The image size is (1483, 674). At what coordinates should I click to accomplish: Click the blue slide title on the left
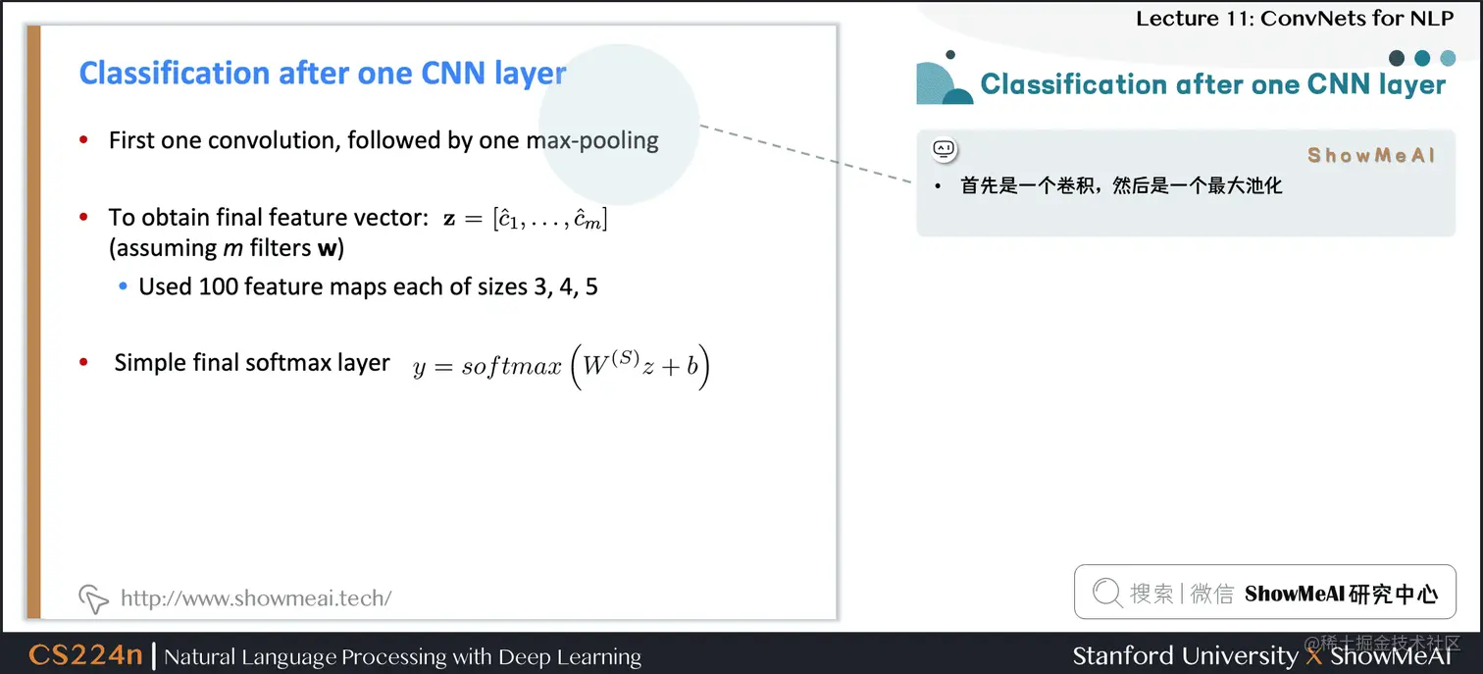coord(323,74)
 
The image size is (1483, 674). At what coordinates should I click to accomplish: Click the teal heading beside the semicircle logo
coord(1212,84)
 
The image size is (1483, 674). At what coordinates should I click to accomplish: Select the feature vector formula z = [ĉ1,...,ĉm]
coord(525,219)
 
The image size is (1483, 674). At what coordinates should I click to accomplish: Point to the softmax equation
coord(560,367)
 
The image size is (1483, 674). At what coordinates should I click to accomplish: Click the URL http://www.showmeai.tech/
coord(256,597)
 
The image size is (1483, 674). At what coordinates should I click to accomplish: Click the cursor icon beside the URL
coord(92,597)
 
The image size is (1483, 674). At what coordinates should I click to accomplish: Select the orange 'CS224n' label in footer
coord(85,655)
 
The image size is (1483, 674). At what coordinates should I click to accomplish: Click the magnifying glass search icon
coord(1106,593)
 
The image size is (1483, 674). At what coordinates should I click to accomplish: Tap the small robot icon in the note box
coord(944,149)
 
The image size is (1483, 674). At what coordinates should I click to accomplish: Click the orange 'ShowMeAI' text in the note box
coord(1371,155)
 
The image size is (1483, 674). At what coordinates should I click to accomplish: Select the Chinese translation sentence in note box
coord(1121,185)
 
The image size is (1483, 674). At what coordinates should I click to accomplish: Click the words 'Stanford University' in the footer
coord(1185,655)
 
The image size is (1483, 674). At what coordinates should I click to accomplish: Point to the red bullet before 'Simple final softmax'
coord(84,363)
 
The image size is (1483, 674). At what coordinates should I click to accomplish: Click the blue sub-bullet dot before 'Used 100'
coord(123,287)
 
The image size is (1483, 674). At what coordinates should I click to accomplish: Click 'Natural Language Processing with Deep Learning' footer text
coord(402,656)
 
